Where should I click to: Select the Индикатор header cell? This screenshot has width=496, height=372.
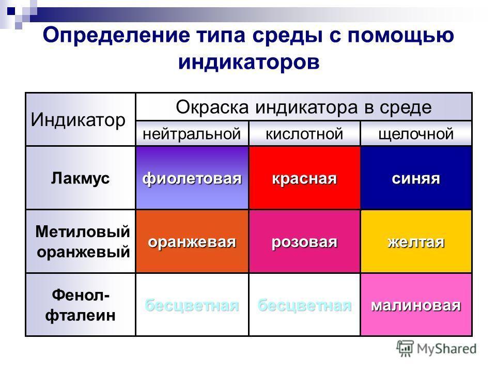tap(81, 119)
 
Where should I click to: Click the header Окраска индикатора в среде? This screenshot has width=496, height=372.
tap(304, 107)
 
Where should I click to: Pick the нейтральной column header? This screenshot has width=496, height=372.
tap(192, 133)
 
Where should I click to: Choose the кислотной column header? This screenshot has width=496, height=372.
tap(305, 133)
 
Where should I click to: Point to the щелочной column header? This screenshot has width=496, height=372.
tap(416, 133)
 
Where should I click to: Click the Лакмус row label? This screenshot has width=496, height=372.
tap(81, 178)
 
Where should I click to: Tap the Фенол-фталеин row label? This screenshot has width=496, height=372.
tap(81, 305)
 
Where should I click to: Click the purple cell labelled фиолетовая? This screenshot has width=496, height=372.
tap(192, 178)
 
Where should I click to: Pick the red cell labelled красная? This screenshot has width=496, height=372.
tap(305, 178)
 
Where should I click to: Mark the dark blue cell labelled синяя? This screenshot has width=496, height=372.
tap(416, 178)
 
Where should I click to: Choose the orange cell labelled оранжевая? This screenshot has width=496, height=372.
tap(192, 241)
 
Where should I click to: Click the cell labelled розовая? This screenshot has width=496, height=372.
tap(305, 241)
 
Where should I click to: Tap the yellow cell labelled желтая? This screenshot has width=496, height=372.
tap(416, 241)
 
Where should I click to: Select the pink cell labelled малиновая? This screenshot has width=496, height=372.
tap(416, 305)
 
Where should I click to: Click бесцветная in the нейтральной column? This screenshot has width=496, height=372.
tap(192, 305)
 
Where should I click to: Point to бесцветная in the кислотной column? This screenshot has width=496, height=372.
tap(305, 305)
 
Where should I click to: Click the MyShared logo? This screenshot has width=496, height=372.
tap(437, 349)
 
